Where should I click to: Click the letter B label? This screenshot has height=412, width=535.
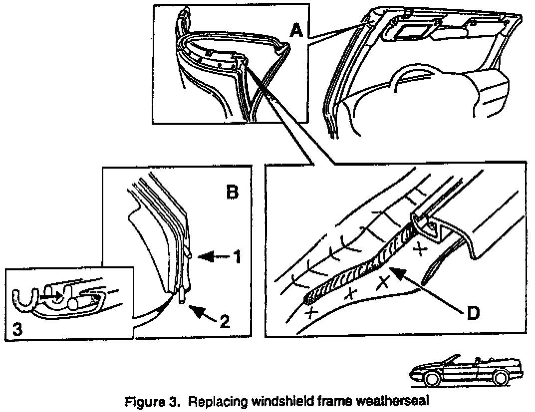[x=233, y=192]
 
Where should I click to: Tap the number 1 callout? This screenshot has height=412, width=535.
[x=238, y=257]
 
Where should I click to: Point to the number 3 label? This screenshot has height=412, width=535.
[x=17, y=331]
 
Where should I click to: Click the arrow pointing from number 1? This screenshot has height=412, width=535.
[x=212, y=257]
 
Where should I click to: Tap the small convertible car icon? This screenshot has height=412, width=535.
[x=465, y=372]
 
